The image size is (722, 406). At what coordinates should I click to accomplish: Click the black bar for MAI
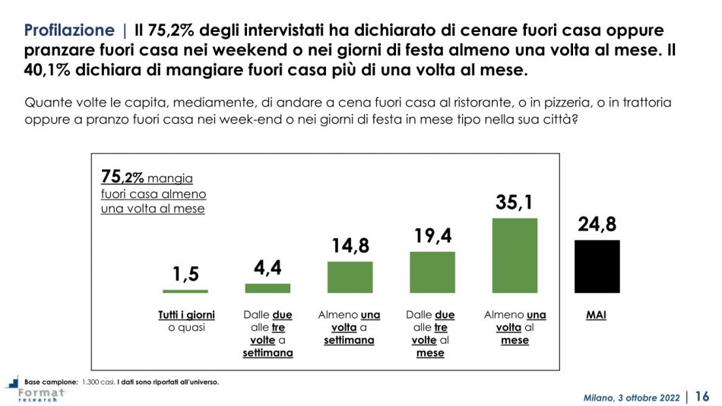click(597, 266)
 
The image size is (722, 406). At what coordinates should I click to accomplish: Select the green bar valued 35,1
click(515, 255)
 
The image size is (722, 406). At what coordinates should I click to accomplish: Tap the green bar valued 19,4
click(432, 272)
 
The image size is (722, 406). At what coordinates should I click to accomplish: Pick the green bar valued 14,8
click(350, 277)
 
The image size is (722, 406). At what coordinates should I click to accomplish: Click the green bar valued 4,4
click(268, 288)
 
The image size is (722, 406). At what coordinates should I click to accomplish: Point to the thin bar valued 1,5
click(185, 291)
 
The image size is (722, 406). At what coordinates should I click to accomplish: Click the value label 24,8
click(597, 225)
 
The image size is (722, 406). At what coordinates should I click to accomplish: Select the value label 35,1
click(515, 203)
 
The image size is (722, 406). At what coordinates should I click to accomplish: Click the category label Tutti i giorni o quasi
click(185, 321)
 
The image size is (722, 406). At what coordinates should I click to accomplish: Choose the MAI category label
click(596, 314)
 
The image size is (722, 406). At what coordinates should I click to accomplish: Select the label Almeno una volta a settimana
click(350, 328)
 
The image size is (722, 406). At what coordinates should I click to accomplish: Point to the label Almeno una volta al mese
click(515, 328)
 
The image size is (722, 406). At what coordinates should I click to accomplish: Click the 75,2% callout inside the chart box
click(122, 178)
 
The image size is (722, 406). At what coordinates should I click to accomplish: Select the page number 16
click(702, 396)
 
